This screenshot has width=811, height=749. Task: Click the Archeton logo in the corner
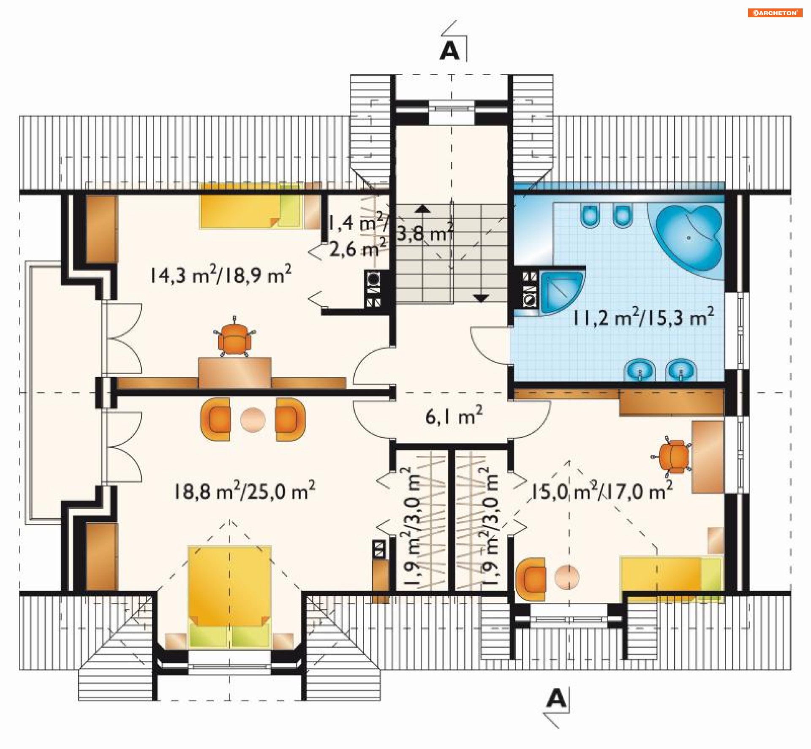(775, 13)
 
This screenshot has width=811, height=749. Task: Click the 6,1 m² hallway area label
(454, 415)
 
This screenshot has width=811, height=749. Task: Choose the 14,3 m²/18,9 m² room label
(220, 274)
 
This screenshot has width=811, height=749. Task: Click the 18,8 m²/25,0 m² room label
(245, 491)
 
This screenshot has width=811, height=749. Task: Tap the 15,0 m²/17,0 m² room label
(601, 491)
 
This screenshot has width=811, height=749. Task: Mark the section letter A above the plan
(449, 51)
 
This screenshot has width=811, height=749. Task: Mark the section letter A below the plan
(556, 698)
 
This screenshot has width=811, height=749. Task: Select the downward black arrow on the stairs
(481, 298)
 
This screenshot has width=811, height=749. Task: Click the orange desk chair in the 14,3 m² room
(234, 338)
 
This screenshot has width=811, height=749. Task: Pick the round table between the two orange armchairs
(253, 420)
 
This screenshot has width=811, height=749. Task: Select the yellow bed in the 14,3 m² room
(251, 206)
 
